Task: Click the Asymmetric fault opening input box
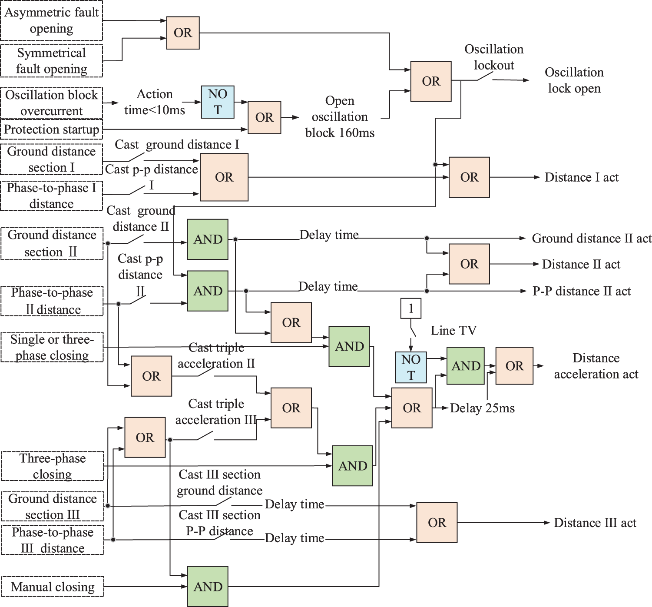(51, 20)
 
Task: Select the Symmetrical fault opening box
(51, 61)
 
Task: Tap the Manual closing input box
(53, 587)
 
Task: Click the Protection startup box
(51, 129)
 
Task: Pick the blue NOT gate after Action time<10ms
(218, 102)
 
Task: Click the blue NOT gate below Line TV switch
(411, 367)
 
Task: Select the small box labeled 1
(410, 308)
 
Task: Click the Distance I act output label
(582, 177)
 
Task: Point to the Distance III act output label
(595, 523)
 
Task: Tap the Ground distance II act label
(592, 239)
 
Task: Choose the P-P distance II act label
(582, 291)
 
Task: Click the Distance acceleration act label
(596, 366)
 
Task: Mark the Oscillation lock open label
(574, 80)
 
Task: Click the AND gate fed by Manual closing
(208, 586)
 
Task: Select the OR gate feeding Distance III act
(437, 522)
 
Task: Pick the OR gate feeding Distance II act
(469, 264)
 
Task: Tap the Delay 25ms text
(482, 408)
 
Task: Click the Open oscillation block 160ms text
(340, 116)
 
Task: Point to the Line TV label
(453, 331)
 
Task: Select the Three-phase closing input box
(53, 466)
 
